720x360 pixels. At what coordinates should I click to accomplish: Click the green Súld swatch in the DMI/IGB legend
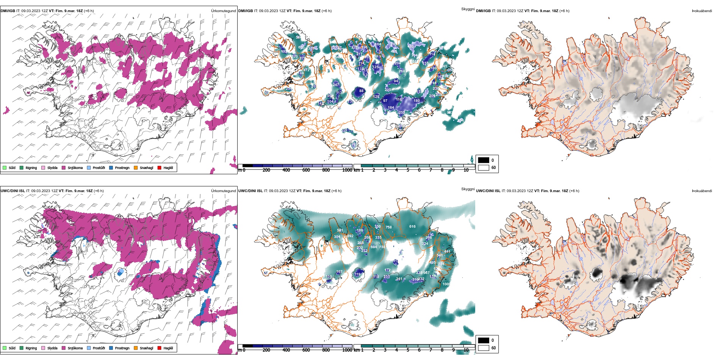(5, 167)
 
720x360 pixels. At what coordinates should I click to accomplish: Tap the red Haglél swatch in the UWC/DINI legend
(160, 348)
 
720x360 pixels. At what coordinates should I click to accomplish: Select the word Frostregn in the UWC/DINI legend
(122, 348)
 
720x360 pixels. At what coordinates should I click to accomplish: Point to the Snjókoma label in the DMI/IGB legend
(75, 167)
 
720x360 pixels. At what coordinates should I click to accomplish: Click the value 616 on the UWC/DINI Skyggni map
(412, 227)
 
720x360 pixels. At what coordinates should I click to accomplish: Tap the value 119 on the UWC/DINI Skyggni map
(358, 274)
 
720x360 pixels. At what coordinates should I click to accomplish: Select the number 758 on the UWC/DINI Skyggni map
(388, 227)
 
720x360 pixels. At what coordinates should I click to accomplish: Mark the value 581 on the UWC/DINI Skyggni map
(340, 230)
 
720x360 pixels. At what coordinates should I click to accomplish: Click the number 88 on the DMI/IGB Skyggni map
(361, 91)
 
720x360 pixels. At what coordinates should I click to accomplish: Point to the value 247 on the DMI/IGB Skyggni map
(336, 85)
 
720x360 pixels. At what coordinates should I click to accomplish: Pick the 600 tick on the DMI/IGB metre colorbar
(306, 170)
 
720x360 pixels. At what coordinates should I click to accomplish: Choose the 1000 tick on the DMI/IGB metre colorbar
(347, 170)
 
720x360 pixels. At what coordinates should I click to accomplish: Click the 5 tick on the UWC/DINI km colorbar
(408, 350)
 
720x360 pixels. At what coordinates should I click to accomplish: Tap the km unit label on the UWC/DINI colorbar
(357, 350)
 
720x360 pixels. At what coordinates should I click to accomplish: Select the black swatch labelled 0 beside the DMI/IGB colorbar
(484, 160)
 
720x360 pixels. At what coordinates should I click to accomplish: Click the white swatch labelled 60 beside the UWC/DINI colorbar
(484, 348)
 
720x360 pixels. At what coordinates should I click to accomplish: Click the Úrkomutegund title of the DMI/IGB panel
(223, 11)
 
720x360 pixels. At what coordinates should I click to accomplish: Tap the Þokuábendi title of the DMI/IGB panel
(702, 11)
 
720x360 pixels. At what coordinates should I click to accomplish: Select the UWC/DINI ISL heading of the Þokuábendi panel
(488, 191)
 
